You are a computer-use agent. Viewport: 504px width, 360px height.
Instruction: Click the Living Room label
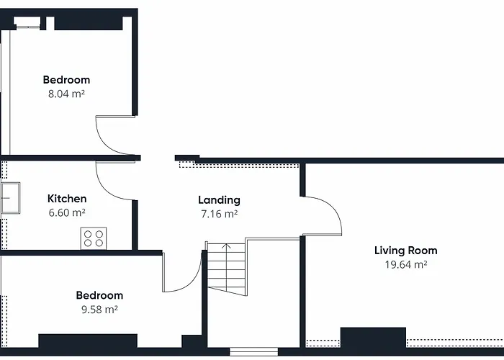click(405, 251)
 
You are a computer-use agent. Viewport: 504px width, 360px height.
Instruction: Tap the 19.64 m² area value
click(406, 264)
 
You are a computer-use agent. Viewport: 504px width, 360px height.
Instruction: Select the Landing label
click(219, 200)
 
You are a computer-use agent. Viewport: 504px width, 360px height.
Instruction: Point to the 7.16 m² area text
click(219, 214)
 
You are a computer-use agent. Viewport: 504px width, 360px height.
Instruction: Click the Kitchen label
click(67, 199)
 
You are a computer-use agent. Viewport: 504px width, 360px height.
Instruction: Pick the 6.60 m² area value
click(67, 213)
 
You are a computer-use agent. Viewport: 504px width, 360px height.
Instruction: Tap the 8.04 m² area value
click(66, 94)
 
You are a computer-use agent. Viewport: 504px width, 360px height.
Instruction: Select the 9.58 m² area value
click(99, 310)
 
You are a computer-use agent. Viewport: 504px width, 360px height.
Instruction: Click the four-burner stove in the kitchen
click(94, 238)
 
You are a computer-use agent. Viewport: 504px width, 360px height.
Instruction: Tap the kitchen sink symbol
click(11, 198)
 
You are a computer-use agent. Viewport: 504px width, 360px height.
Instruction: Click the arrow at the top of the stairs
click(226, 246)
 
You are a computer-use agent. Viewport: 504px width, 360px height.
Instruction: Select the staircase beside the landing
click(227, 269)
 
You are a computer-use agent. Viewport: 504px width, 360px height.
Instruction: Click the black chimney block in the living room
click(373, 338)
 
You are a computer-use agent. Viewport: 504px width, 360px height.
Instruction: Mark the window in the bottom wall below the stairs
click(253, 351)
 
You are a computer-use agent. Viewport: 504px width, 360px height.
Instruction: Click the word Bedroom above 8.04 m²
click(66, 80)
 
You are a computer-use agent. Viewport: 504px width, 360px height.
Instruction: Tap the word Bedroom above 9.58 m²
click(99, 295)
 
